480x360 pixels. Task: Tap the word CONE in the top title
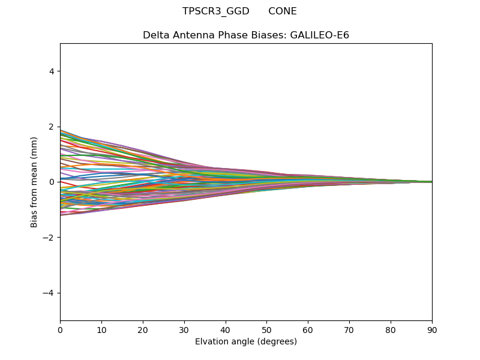[283, 11]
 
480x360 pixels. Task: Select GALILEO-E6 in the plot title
[320, 35]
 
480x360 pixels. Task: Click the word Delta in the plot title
[156, 35]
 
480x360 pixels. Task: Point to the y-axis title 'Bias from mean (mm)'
[34, 182]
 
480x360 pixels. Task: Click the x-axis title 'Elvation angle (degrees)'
[246, 342]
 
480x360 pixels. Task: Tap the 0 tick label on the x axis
[60, 329]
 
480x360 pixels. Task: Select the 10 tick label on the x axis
[101, 329]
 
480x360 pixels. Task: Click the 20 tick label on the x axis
[143, 329]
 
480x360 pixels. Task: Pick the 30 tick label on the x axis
[184, 329]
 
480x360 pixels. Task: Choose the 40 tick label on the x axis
[226, 329]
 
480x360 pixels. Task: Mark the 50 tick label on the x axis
[266, 329]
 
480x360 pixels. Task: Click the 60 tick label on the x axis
[308, 329]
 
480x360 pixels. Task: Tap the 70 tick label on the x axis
[349, 329]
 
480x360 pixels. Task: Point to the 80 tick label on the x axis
[391, 329]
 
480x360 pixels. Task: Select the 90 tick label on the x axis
[432, 329]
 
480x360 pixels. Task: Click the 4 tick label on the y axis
[52, 71]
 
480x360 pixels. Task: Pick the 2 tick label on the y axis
[52, 127]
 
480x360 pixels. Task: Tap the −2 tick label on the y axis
[49, 238]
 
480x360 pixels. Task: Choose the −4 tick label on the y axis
[49, 293]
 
